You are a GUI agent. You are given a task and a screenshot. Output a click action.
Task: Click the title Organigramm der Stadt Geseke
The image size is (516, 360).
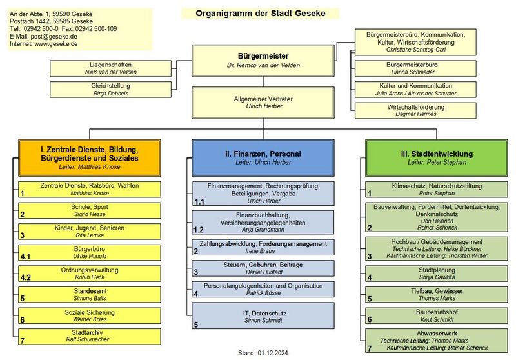click(x=260, y=13)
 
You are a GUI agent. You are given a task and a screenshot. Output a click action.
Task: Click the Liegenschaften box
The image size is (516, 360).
click(x=102, y=68)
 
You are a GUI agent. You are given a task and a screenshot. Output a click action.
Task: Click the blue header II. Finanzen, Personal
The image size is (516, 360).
click(x=263, y=157)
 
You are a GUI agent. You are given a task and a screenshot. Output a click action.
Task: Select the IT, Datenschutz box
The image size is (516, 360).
click(x=263, y=316)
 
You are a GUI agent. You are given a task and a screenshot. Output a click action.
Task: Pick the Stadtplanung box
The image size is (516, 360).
click(x=437, y=273)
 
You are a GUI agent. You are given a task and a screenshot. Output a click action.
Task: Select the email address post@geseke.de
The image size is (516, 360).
click(x=57, y=37)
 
